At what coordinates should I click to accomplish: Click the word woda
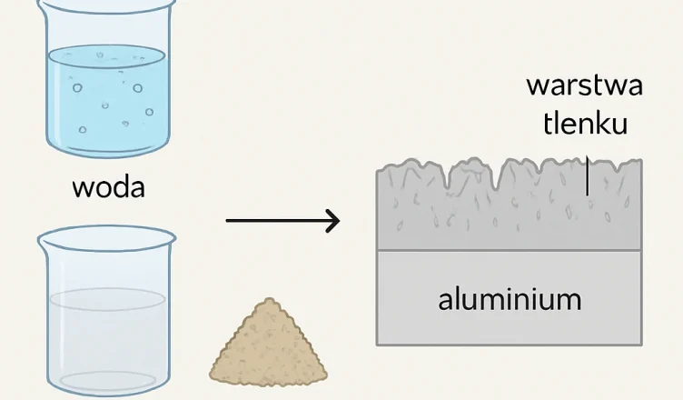[x=108, y=189]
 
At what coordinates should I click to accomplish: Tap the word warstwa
[x=585, y=86]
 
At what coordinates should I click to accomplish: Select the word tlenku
[x=586, y=125]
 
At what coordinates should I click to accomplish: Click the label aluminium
[x=510, y=299]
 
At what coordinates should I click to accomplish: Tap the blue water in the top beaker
[x=107, y=100]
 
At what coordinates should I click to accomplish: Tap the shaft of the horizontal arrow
[x=272, y=220]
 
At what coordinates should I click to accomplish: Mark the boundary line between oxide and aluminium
[x=510, y=250]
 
